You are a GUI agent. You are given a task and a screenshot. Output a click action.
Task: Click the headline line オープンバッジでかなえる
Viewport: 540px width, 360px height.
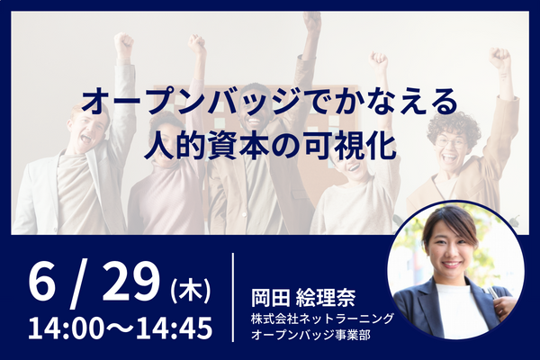point(270,103)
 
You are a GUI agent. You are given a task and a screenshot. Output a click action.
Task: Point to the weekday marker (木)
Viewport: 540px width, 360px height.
point(191,292)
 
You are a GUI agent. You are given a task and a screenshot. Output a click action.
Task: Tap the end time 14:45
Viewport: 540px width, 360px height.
point(175,328)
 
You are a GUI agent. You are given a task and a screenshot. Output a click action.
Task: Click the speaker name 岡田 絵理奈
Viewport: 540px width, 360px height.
point(303,298)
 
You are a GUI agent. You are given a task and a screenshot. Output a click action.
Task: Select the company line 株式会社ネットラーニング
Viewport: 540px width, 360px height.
point(322,319)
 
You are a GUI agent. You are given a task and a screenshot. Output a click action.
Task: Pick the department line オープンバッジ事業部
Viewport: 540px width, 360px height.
point(310,335)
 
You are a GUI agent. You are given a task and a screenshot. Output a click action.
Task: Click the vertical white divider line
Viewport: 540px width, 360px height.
point(233,298)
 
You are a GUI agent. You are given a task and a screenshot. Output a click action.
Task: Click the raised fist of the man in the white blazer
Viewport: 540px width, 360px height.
point(123,44)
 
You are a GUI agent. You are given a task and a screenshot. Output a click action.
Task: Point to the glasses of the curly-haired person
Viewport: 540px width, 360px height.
point(452,141)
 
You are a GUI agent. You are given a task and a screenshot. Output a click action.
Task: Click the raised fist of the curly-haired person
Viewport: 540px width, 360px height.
point(499,58)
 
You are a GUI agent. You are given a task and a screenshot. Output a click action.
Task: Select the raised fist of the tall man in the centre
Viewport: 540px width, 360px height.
point(312,22)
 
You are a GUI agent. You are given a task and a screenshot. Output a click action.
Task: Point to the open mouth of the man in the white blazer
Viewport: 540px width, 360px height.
point(86,139)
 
